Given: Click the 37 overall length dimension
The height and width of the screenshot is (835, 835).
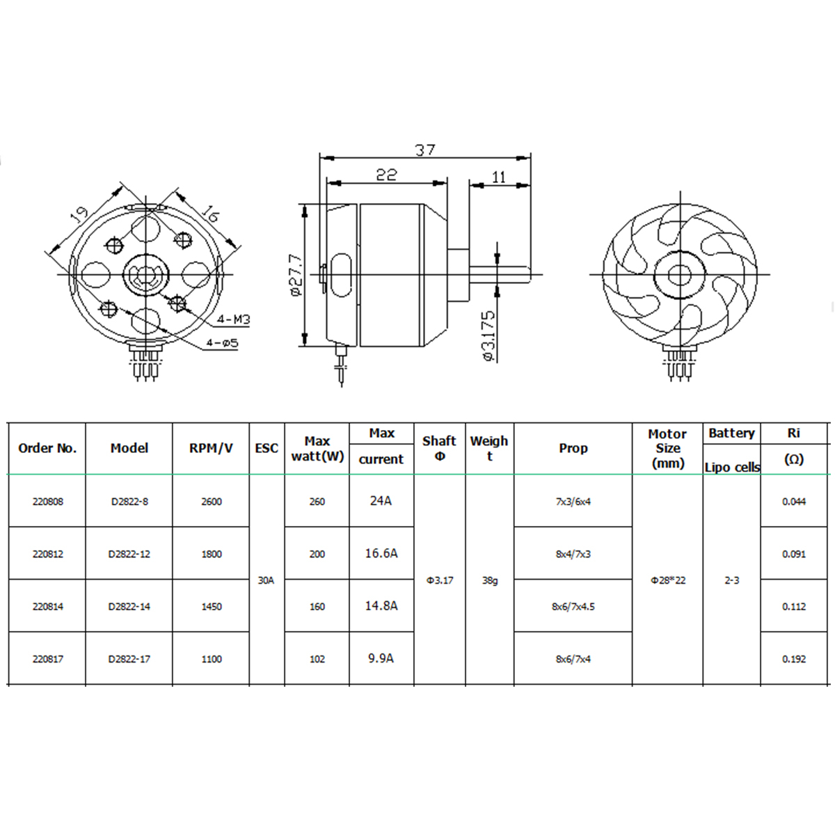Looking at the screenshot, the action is click(424, 150).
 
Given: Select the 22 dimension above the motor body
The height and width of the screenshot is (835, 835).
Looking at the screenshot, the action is click(386, 175).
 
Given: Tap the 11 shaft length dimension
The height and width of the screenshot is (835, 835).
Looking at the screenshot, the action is click(499, 177).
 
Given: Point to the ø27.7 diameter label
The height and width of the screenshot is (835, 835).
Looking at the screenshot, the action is click(298, 275).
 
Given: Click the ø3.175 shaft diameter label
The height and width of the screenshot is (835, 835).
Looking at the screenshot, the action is click(488, 336).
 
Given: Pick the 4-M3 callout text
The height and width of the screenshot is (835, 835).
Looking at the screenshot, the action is click(234, 319).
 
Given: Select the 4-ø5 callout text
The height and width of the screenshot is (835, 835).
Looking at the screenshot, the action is click(222, 343).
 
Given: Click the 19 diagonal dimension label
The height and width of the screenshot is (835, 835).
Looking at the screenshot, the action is click(79, 214).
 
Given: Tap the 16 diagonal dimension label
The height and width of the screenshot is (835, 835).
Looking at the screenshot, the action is click(211, 214).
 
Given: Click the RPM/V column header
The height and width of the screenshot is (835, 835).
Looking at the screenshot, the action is click(211, 448).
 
